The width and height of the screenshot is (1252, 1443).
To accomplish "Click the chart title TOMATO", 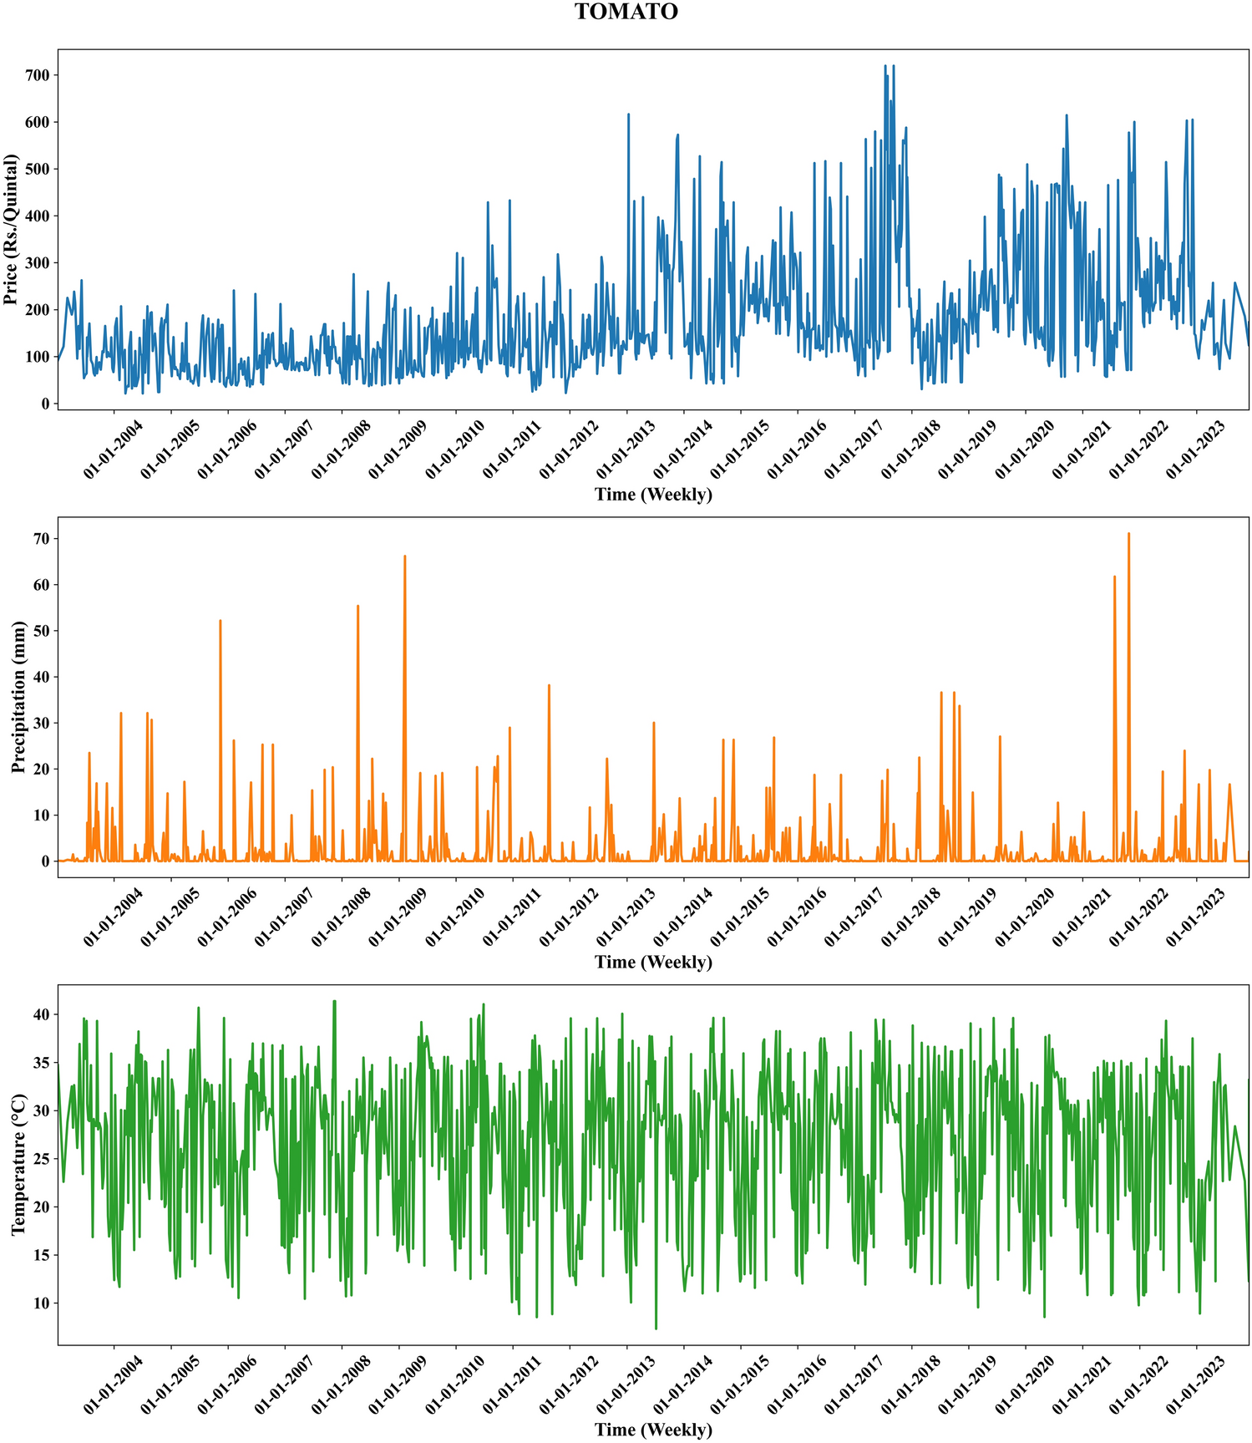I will pos(626,12).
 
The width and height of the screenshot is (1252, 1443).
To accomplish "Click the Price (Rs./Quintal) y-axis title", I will pos(11,229).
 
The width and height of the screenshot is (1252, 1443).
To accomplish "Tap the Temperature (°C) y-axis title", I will pos(18,1164).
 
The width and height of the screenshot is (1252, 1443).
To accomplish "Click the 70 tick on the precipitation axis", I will pos(39,539).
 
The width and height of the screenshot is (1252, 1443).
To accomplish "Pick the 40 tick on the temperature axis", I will pos(39,1014).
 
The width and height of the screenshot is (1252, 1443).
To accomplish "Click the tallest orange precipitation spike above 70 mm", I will pos(1128,535).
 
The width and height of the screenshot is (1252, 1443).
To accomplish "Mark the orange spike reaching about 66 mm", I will pos(405,557).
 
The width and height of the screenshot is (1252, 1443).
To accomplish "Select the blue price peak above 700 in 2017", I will pos(885,67).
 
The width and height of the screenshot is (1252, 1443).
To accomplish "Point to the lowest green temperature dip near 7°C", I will pos(656,1328).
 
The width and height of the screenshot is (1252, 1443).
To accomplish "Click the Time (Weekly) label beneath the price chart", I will pos(653,495).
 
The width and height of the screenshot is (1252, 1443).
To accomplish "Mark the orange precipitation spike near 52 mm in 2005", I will pos(220,622).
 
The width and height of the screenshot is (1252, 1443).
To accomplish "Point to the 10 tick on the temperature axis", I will pos(39,1303).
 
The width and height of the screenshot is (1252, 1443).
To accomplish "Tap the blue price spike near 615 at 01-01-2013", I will pos(628,115).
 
